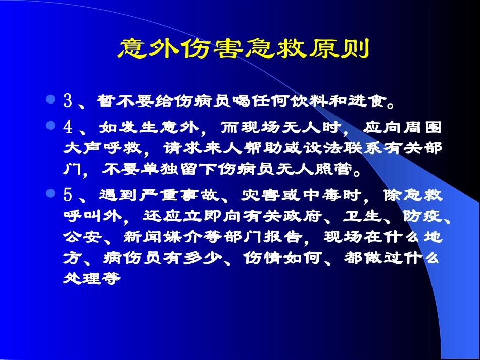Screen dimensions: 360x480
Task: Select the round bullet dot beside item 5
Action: click(50, 193)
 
